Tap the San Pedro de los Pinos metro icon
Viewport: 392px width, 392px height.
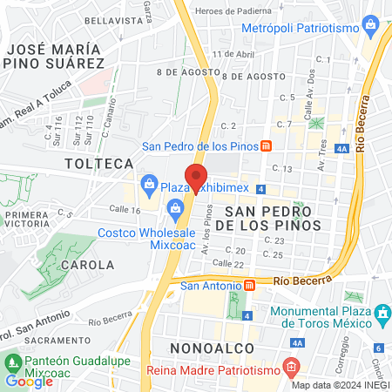(x=266, y=145)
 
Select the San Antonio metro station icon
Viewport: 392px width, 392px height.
(x=249, y=284)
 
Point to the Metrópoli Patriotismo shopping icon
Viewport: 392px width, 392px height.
(x=372, y=28)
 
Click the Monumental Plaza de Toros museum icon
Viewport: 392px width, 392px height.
(x=381, y=313)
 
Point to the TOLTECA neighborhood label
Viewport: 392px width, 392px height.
(x=99, y=163)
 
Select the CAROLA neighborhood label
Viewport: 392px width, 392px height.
(x=86, y=264)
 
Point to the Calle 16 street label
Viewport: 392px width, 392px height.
(x=125, y=210)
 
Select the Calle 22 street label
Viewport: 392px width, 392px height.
(x=228, y=264)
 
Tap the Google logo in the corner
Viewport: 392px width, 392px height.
(x=29, y=381)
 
